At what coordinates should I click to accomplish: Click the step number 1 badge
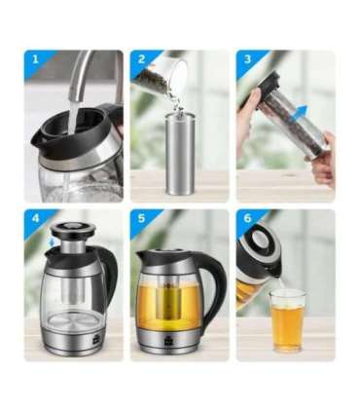[35, 59]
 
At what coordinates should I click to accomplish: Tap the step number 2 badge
[141, 59]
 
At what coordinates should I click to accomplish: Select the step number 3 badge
[247, 59]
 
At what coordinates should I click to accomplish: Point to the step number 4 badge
[35, 218]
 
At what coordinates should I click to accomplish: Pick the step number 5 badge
[141, 218]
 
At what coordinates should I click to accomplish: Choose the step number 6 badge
[247, 218]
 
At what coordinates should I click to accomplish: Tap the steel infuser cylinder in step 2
[180, 154]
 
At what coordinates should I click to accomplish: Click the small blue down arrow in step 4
[53, 242]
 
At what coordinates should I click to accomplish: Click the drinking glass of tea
[288, 320]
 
